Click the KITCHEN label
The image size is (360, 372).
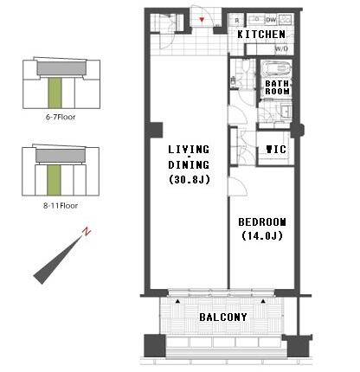tap(261, 34)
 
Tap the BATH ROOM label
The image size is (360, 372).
tap(277, 87)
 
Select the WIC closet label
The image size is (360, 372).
tap(275, 149)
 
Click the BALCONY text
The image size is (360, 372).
tap(223, 317)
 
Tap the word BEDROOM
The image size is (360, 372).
tap(261, 221)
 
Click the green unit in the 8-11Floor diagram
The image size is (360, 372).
tap(54, 180)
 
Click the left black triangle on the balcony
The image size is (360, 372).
tap(180, 302)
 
